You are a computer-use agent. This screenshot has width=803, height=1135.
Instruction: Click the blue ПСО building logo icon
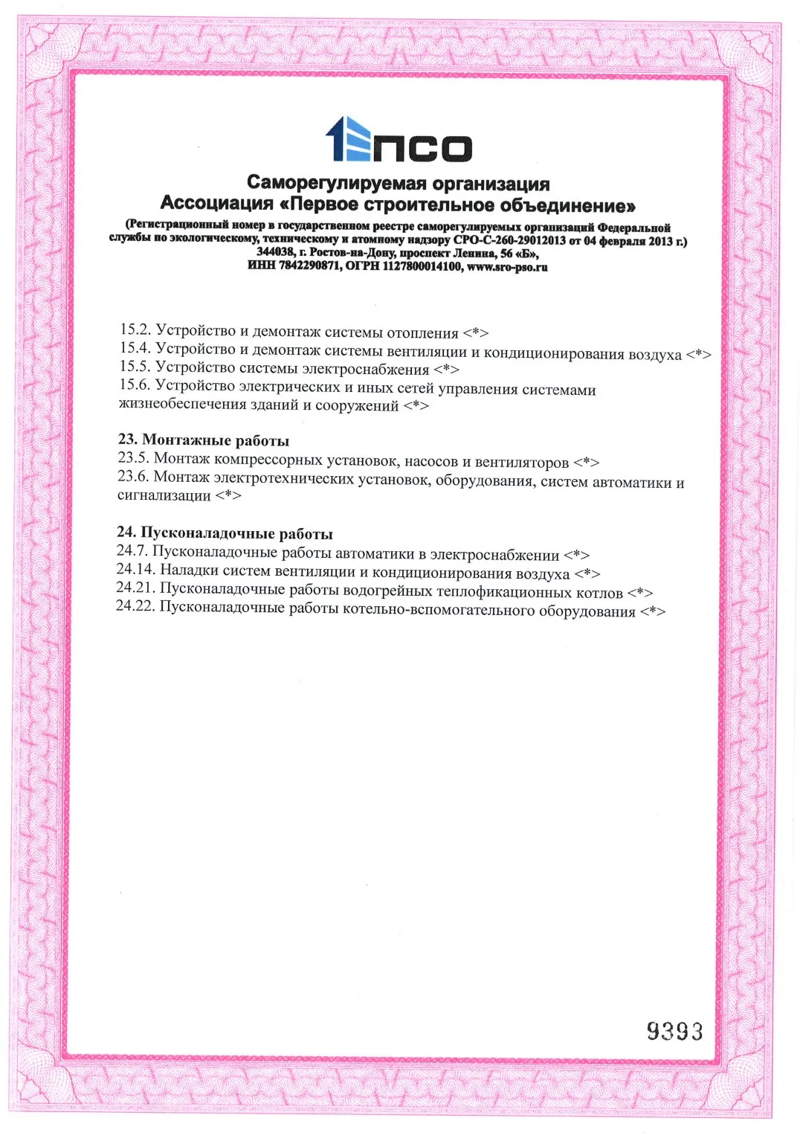(x=349, y=140)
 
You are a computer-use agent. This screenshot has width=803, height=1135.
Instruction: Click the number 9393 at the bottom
(x=674, y=1031)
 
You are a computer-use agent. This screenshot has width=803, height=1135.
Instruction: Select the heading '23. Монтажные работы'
(x=203, y=440)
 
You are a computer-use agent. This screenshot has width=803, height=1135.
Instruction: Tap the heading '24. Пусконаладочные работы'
(x=225, y=533)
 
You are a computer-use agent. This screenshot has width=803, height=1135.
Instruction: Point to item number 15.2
(x=135, y=329)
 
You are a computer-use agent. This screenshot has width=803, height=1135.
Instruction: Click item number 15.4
(x=135, y=348)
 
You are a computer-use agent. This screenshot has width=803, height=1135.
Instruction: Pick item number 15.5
(x=135, y=367)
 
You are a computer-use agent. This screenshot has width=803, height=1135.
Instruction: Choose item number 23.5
(x=133, y=458)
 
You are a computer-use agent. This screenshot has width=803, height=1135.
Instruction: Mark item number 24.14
(x=136, y=570)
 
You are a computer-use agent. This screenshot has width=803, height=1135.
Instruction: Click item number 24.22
(x=135, y=607)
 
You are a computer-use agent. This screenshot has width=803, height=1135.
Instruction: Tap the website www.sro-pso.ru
(x=507, y=267)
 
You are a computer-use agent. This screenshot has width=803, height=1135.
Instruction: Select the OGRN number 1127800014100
(x=422, y=266)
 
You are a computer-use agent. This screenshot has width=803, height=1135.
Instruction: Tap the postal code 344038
(x=275, y=252)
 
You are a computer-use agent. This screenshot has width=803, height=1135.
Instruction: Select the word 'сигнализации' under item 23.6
(x=164, y=495)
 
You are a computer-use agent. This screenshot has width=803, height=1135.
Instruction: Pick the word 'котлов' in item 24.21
(x=599, y=593)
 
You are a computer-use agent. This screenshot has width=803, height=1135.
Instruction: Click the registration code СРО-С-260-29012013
(x=509, y=240)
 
